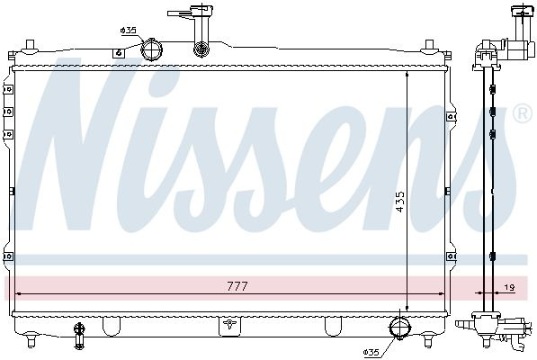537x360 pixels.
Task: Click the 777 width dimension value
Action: coord(237,286)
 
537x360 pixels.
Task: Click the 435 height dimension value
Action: coord(399,202)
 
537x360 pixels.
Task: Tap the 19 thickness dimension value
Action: coord(510,288)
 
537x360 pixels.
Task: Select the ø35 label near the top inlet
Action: coord(129,31)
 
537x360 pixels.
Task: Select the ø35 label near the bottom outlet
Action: coord(371,352)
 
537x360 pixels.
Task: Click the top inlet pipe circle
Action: coord(151,49)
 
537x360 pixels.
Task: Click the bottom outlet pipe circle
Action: coord(400,328)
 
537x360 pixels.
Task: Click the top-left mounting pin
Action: coord(31,45)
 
